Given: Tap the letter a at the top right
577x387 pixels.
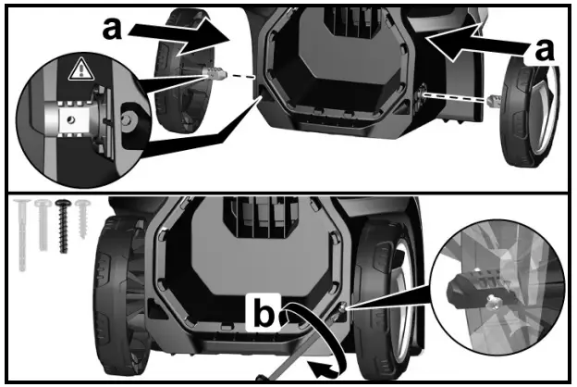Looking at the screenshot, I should (x=543, y=51).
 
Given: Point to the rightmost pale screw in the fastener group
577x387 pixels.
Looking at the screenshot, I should (x=83, y=215).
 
